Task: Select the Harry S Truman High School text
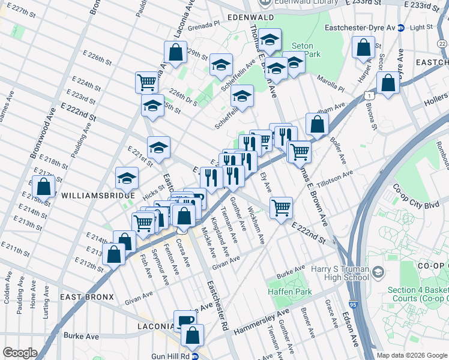(x=339, y=273)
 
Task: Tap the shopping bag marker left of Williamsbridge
(x=44, y=187)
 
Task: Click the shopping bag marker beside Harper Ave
(x=363, y=47)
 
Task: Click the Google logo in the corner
(x=20, y=353)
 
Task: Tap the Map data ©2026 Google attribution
(x=412, y=355)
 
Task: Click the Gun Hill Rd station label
(x=181, y=356)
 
